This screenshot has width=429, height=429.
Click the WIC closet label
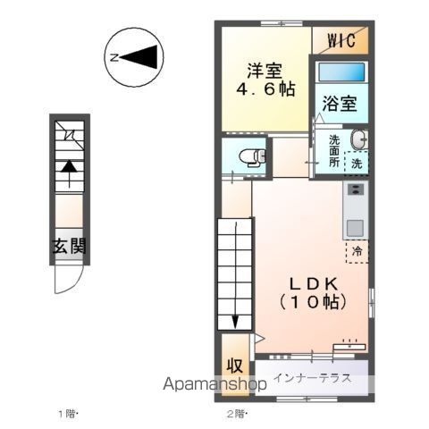pos(341,40)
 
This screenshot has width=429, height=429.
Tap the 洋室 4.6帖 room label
pos(265,80)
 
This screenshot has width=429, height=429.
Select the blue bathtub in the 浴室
pos(341,71)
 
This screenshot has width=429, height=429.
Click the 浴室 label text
pos(340,104)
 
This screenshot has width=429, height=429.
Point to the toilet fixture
pos(253,156)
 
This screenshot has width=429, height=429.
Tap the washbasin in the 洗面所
pos(358,139)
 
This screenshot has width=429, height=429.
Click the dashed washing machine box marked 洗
pos(357,162)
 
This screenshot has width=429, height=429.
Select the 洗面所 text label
pos(334,151)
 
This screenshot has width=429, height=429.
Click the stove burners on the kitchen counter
pos(356,189)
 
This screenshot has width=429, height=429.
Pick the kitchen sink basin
pos(355,228)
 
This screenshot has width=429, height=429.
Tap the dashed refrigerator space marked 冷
pos(357,251)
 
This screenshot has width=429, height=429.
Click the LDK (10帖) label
pos(313,293)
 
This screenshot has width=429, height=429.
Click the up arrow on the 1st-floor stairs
pos(69,174)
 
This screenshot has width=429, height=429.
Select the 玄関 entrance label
pos(69,246)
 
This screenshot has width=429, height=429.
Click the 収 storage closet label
pos(235,366)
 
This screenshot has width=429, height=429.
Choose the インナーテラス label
pos(312,378)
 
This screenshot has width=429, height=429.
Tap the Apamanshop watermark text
pos(214,384)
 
